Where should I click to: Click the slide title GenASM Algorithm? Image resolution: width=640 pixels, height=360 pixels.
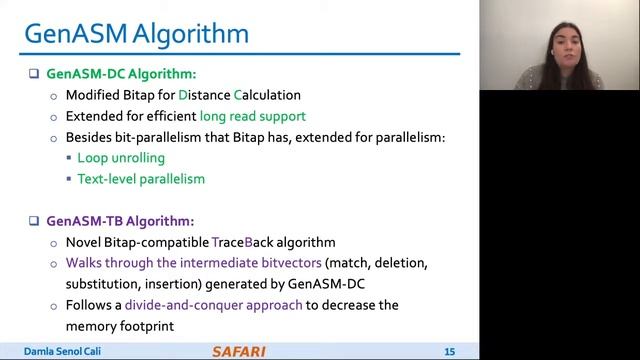click(x=136, y=35)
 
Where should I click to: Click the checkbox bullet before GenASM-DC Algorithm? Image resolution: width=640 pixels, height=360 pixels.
click(x=33, y=73)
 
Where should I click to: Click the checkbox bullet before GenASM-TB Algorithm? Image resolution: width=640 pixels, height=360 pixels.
click(x=33, y=220)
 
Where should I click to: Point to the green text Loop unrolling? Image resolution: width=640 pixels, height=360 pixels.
click(x=121, y=158)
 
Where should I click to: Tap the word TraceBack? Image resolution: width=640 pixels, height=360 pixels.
click(x=242, y=242)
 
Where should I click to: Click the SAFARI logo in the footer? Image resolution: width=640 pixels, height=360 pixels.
click(x=239, y=351)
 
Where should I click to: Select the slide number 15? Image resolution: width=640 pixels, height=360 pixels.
click(x=449, y=351)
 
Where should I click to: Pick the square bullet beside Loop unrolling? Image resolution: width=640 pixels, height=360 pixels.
click(x=69, y=158)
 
